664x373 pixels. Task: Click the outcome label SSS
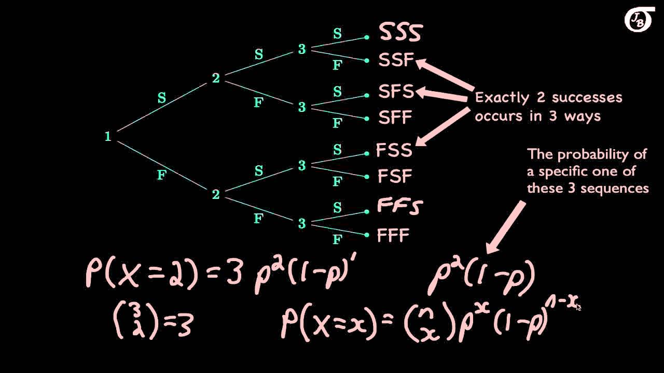tap(400, 32)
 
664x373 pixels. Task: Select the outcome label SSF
tap(396, 61)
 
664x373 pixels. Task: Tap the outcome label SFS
tap(396, 92)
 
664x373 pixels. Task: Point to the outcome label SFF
tap(395, 118)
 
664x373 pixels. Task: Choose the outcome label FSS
tap(394, 150)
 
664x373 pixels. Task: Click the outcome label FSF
tap(394, 176)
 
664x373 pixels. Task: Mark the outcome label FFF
tap(393, 236)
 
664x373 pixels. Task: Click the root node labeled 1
tap(108, 136)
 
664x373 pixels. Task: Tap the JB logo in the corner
tap(639, 20)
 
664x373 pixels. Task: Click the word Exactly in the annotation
tap(501, 97)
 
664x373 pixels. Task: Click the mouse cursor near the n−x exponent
tap(578, 307)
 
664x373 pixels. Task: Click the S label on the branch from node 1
tap(162, 98)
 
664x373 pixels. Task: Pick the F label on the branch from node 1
tap(162, 175)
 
